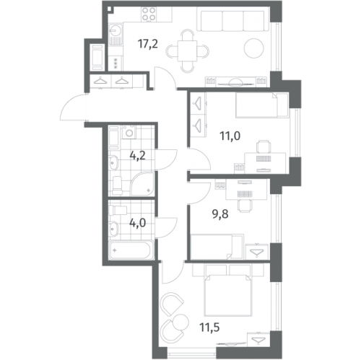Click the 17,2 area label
148,44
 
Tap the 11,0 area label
230,136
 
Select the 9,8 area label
220,214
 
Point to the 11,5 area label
209,328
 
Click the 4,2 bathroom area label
137,156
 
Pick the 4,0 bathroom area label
137,223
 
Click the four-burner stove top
149,14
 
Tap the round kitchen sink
116,30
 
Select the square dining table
187,51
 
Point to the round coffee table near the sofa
254,48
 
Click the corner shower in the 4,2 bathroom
142,184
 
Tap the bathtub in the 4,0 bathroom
131,250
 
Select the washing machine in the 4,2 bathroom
129,132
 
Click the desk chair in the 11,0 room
264,146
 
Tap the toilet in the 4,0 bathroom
118,211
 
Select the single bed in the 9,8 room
217,247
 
